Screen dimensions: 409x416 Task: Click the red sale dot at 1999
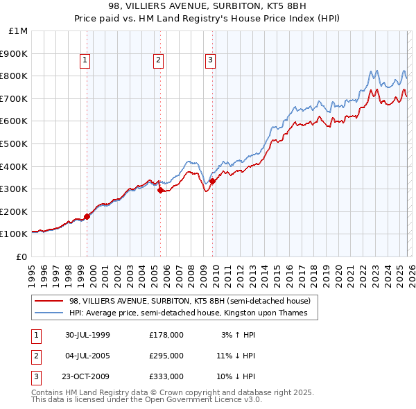(87, 216)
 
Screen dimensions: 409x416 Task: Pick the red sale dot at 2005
(160, 189)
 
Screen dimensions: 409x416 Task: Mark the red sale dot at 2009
(213, 181)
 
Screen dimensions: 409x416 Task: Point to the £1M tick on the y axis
(19, 31)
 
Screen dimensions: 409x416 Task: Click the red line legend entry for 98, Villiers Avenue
(193, 301)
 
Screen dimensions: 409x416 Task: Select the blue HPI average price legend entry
(193, 313)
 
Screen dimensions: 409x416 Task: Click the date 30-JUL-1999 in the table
(88, 335)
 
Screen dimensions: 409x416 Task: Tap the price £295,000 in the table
(166, 356)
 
